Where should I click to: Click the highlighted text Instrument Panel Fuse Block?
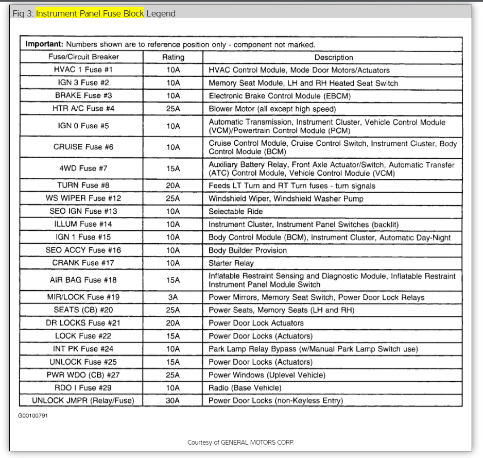(90, 13)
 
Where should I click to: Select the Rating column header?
(173, 57)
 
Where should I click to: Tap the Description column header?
(334, 57)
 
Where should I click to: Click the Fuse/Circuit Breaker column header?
(83, 57)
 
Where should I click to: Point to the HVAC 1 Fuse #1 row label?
(83, 70)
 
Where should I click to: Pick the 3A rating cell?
(173, 297)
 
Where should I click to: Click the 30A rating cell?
(173, 400)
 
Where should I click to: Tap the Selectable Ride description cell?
(236, 211)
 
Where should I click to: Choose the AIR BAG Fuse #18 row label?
(83, 280)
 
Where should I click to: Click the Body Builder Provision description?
(248, 250)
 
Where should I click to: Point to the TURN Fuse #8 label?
(83, 185)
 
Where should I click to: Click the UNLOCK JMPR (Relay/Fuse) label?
(83, 400)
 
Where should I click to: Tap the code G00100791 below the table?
(33, 415)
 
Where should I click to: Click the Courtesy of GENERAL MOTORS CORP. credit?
(240, 443)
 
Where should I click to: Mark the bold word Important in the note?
(44, 45)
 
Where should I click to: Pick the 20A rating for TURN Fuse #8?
(173, 185)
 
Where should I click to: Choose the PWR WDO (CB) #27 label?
(83, 375)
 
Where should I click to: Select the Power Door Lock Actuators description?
(256, 323)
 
